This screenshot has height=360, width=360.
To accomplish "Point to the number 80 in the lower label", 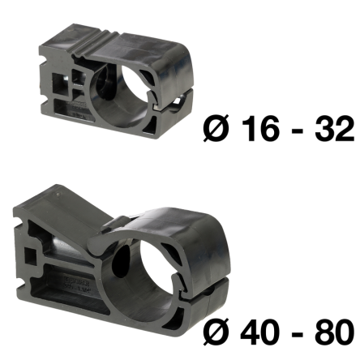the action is point(334,332).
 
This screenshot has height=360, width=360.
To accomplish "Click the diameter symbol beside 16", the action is point(216,128).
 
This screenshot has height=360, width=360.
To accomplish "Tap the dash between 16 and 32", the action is point(297,131).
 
